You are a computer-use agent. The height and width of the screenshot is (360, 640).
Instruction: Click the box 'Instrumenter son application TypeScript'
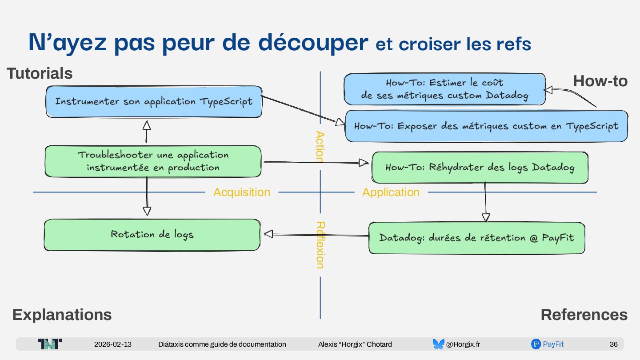[x=154, y=102]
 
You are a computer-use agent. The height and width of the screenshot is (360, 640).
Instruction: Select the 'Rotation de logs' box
[x=152, y=234]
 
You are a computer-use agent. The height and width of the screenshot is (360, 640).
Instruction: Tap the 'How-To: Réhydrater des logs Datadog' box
[x=480, y=168]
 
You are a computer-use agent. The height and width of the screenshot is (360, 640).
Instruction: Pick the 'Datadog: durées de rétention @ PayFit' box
[x=476, y=238]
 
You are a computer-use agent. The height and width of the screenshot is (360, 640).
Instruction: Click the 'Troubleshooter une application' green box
[x=153, y=161]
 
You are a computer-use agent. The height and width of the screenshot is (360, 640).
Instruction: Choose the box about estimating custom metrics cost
[x=444, y=89]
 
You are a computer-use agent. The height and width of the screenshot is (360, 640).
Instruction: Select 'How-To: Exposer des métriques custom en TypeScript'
[x=486, y=126]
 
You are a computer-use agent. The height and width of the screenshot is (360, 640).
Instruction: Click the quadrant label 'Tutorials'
[x=40, y=73]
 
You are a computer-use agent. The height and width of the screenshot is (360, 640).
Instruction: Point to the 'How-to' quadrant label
[x=600, y=81]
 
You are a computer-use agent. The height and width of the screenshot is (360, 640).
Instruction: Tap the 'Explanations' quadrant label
[x=62, y=315]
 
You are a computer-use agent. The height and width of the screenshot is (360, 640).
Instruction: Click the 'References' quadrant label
[x=584, y=315]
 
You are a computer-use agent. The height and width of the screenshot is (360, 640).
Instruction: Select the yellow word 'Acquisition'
[x=242, y=192]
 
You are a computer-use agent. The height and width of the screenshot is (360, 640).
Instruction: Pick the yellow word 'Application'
[x=391, y=192]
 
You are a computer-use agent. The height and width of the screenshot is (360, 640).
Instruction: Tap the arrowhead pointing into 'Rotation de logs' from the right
[x=268, y=234]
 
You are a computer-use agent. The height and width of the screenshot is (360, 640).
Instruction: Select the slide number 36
[x=613, y=344]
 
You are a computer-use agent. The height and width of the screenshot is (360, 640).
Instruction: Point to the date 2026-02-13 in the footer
[x=113, y=344]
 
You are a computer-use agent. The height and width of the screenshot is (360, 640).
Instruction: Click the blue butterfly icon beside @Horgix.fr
[x=438, y=344]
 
